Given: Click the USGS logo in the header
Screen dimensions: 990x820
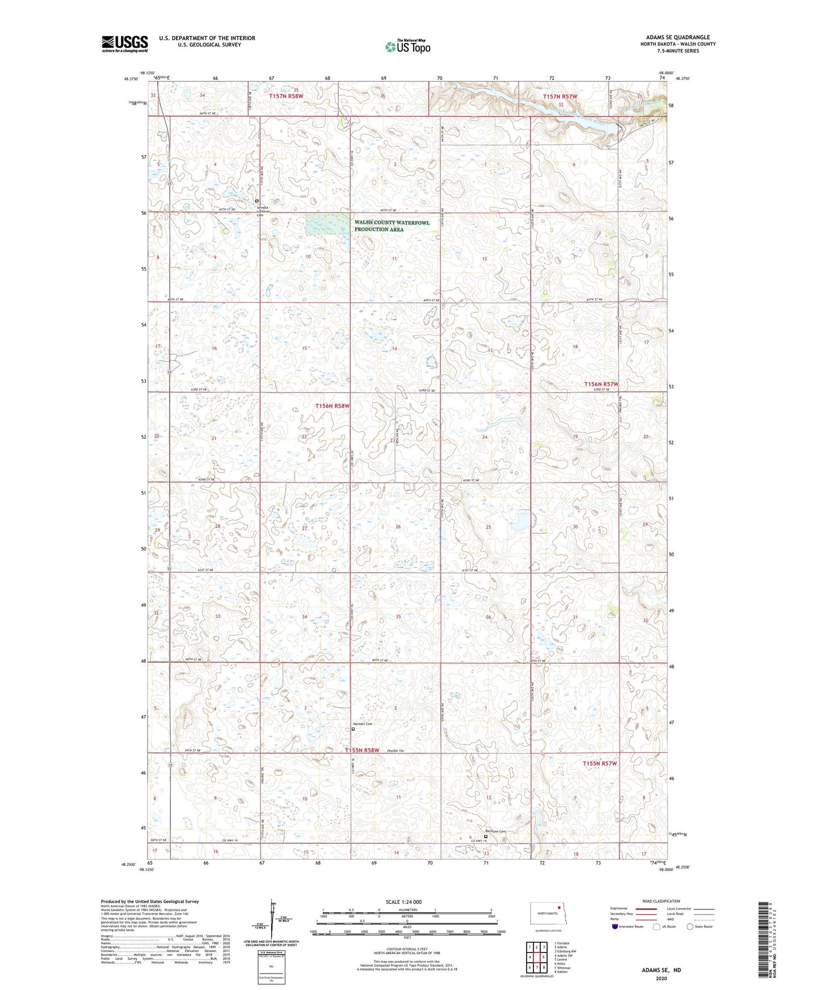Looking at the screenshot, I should [125, 44].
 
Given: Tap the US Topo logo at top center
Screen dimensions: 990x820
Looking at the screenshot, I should [407, 46].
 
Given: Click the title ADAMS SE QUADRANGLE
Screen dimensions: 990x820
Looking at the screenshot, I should [678, 37].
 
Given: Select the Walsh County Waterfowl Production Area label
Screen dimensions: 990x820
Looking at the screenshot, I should [392, 226].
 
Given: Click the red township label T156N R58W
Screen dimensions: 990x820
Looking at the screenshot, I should [332, 406].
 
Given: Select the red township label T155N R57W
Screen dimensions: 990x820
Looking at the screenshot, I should [599, 763].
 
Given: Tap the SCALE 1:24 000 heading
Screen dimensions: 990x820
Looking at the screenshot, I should [403, 902].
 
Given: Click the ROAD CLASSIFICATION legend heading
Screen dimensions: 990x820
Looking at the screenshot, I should [661, 901].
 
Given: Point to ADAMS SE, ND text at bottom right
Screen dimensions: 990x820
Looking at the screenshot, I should [661, 970].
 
